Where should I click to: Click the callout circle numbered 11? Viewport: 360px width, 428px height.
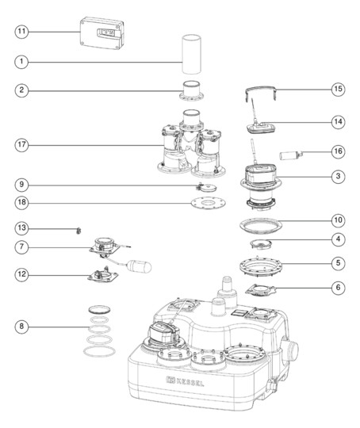pyautogui.click(x=21, y=32)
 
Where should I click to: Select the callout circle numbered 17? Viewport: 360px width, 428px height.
pyautogui.click(x=21, y=145)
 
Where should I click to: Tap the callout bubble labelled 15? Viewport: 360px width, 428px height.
pyautogui.click(x=338, y=89)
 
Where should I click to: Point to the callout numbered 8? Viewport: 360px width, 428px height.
pyautogui.click(x=21, y=327)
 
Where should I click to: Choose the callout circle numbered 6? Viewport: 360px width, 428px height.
pyautogui.click(x=338, y=288)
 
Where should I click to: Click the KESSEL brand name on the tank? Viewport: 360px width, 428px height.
pyautogui.click(x=190, y=382)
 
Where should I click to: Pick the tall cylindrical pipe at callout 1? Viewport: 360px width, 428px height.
pyautogui.click(x=192, y=55)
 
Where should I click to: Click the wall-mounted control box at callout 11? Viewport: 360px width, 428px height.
pyautogui.click(x=101, y=33)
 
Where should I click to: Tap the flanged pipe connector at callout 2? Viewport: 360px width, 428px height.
pyautogui.click(x=191, y=90)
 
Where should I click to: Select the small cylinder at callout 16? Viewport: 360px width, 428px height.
pyautogui.click(x=291, y=155)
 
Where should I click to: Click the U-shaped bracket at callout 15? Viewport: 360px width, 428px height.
pyautogui.click(x=260, y=92)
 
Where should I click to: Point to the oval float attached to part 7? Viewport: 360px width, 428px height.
pyautogui.click(x=140, y=266)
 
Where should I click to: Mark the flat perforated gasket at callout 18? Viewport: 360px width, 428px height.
pyautogui.click(x=209, y=204)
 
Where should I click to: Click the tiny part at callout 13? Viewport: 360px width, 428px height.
pyautogui.click(x=79, y=231)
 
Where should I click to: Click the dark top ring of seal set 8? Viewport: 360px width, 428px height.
pyautogui.click(x=100, y=309)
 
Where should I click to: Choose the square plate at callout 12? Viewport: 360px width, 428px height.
pyautogui.click(x=103, y=275)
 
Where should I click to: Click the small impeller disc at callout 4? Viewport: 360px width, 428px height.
pyautogui.click(x=261, y=243)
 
